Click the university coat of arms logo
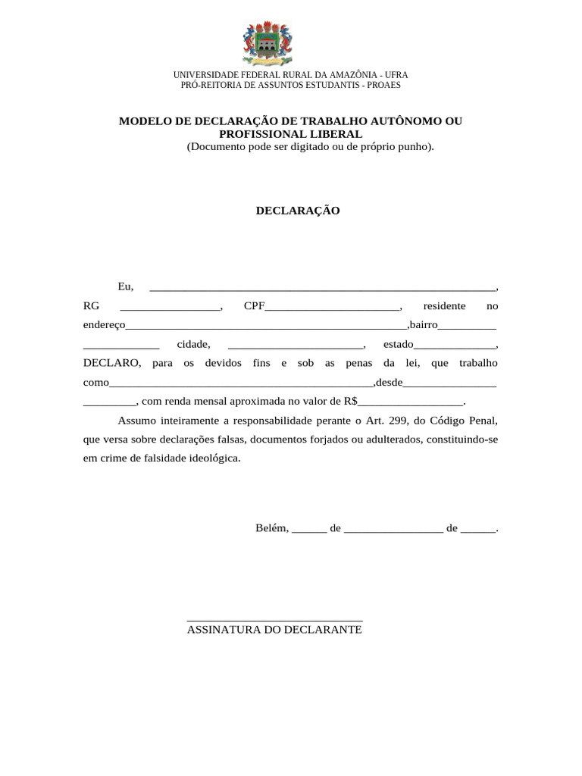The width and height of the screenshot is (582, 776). [x=266, y=44]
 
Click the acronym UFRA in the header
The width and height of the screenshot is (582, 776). [x=396, y=75]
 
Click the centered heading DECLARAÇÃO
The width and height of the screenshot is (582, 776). [x=297, y=211]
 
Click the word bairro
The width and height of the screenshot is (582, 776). [x=423, y=325]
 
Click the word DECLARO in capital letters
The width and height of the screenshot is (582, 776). [x=112, y=363]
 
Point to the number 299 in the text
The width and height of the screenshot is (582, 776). [x=399, y=420]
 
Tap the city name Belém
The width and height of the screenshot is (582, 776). [x=271, y=528]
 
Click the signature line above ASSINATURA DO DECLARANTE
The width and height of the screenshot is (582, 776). [x=274, y=621]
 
